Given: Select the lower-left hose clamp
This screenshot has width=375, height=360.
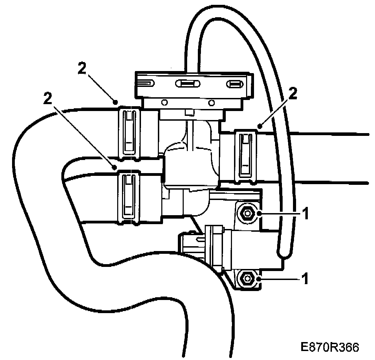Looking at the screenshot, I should (129, 198).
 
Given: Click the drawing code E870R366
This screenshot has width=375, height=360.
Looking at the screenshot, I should (330, 347).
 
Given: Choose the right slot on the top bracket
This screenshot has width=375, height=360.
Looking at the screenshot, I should (234, 84).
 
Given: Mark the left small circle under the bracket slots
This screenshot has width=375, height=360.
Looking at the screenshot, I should (164, 102).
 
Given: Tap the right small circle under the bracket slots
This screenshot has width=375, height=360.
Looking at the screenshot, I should (212, 102).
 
